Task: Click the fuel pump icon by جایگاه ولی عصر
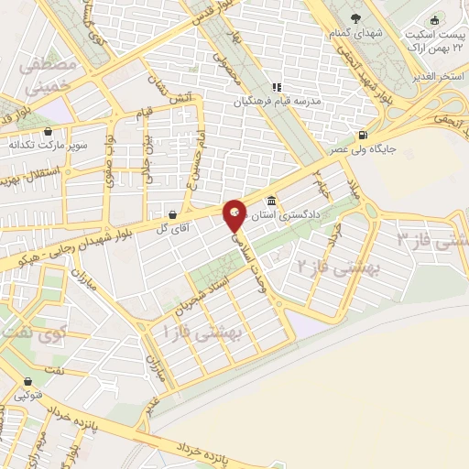[x=367, y=132]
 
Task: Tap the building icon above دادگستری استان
[x=271, y=201]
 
